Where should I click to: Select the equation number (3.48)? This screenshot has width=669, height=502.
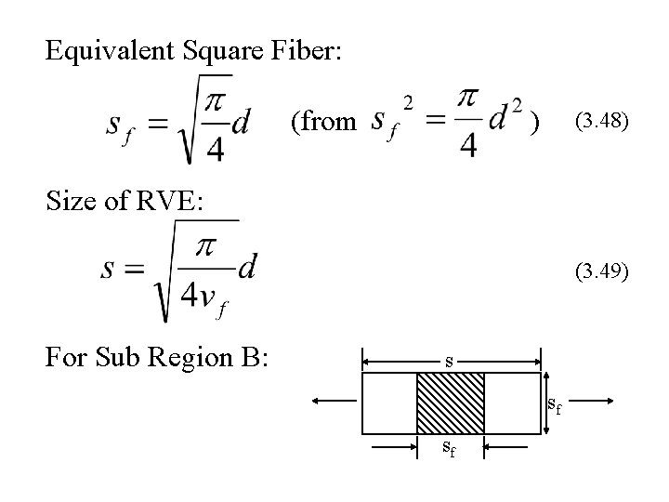pyautogui.click(x=603, y=120)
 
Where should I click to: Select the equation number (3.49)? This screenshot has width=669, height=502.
pyautogui.click(x=603, y=271)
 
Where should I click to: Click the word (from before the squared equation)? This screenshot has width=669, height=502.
pyautogui.click(x=323, y=122)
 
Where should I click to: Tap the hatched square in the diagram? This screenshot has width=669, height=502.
pyautogui.click(x=450, y=403)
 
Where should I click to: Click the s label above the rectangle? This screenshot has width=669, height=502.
pyautogui.click(x=450, y=360)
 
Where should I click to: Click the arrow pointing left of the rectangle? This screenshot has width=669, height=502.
pyautogui.click(x=334, y=402)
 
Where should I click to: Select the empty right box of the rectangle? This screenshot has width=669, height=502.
pyautogui.click(x=512, y=403)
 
